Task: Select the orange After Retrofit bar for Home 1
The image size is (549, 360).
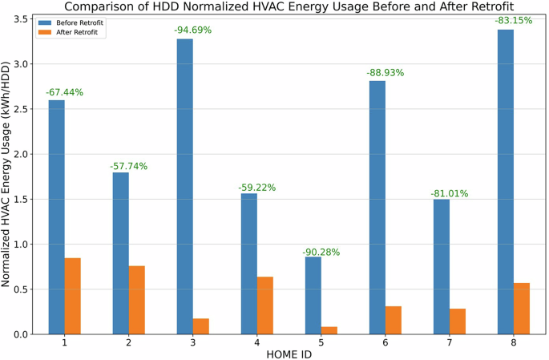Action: click(x=73, y=296)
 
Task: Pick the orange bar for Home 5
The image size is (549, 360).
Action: click(x=329, y=330)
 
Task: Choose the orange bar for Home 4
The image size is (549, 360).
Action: click(x=265, y=305)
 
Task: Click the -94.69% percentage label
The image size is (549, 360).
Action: click(x=192, y=31)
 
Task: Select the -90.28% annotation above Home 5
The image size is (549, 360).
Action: click(x=321, y=253)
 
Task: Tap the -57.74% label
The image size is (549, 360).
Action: click(x=128, y=167)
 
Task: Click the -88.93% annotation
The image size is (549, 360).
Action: click(x=385, y=73)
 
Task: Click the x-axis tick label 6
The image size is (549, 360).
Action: click(x=386, y=343)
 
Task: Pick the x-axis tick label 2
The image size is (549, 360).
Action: click(x=129, y=343)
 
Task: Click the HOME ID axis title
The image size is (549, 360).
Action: click(x=289, y=354)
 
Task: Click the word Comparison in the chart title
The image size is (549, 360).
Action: click(x=89, y=7)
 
